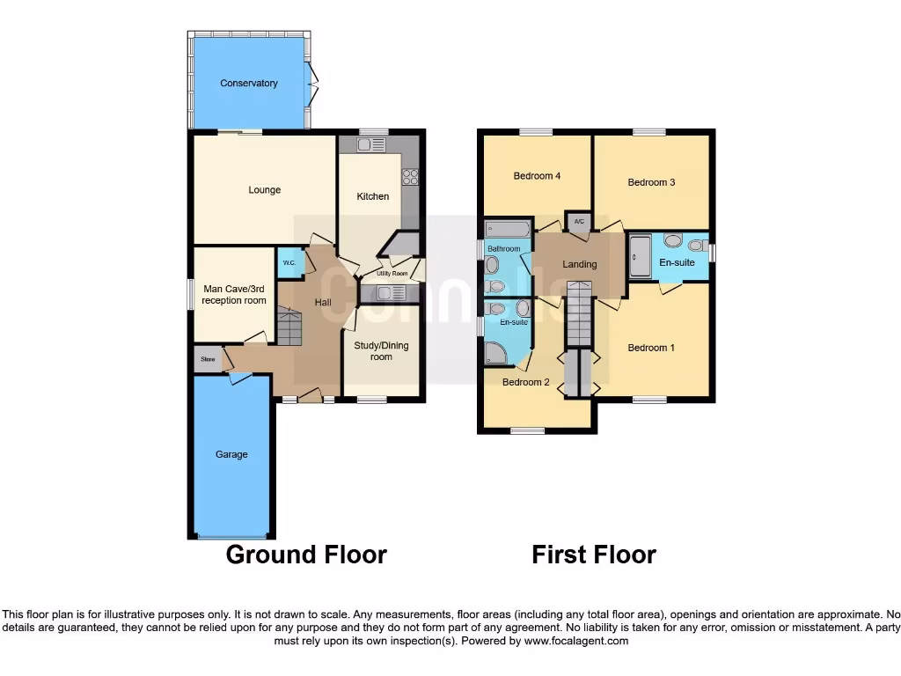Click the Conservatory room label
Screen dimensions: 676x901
pyautogui.click(x=249, y=84)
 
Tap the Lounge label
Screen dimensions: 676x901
pyautogui.click(x=264, y=190)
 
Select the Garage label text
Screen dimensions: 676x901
pyautogui.click(x=231, y=455)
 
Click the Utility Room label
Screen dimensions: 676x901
pyautogui.click(x=392, y=275)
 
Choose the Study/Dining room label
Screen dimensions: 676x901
pyautogui.click(x=381, y=351)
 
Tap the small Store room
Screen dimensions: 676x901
pyautogui.click(x=208, y=359)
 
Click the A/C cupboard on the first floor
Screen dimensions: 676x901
pyautogui.click(x=579, y=222)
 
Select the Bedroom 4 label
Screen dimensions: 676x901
pyautogui.click(x=538, y=176)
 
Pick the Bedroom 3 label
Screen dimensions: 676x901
pyautogui.click(x=651, y=183)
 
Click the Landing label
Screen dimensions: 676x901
pyautogui.click(x=580, y=264)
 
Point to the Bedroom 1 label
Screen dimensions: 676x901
pyautogui.click(x=651, y=349)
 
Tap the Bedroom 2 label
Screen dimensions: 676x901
pyautogui.click(x=526, y=383)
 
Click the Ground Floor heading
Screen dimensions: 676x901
pyautogui.click(x=306, y=555)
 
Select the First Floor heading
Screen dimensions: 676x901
pyautogui.click(x=594, y=555)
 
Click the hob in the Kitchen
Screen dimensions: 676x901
pyautogui.click(x=410, y=176)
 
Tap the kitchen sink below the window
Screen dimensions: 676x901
pyautogui.click(x=365, y=144)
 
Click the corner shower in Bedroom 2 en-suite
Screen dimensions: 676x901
pyautogui.click(x=496, y=354)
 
